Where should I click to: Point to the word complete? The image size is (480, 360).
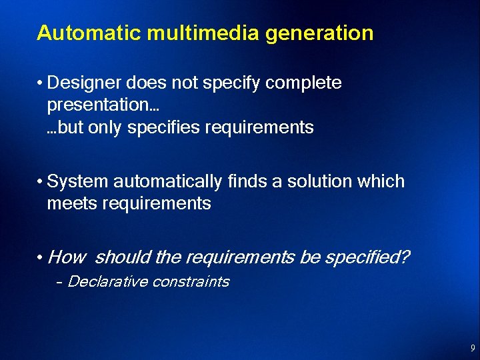[304, 83]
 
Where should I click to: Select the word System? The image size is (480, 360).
[78, 181]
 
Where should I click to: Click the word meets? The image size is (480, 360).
[71, 203]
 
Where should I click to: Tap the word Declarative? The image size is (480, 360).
[107, 281]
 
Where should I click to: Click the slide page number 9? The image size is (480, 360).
[472, 347]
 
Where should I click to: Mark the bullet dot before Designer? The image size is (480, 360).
[41, 84]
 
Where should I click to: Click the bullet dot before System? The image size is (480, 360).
[41, 182]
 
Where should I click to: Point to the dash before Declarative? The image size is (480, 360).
[59, 282]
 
